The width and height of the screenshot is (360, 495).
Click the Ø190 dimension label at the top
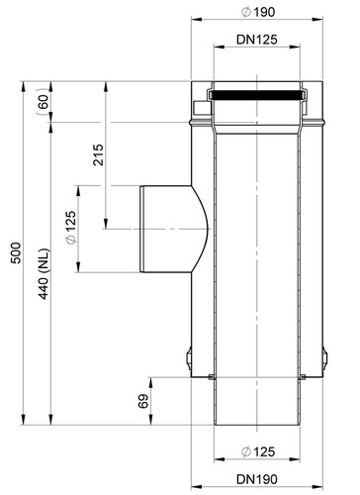(x=258, y=12)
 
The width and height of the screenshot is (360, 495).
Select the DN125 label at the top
(x=257, y=40)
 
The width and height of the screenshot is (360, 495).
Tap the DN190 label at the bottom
(x=257, y=479)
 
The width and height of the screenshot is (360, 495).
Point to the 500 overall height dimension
(x=16, y=252)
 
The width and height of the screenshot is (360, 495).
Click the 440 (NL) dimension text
(x=44, y=274)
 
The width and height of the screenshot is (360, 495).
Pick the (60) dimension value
(x=43, y=102)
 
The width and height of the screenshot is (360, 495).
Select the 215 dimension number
(x=98, y=154)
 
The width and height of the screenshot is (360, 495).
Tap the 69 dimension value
(x=143, y=401)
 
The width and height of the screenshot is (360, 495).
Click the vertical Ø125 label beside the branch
(x=71, y=228)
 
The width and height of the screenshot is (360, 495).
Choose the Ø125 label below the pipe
(x=258, y=451)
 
